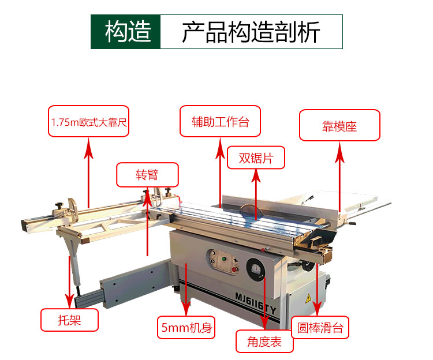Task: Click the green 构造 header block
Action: (x=126, y=32)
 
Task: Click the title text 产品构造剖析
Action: (x=251, y=32)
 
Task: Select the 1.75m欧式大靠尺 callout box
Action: (x=89, y=121)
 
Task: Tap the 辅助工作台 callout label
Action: (x=220, y=121)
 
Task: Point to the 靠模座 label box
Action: (x=339, y=125)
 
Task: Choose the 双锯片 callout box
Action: (x=256, y=157)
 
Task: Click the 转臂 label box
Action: (x=147, y=175)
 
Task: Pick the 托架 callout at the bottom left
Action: (x=69, y=320)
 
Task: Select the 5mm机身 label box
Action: (x=186, y=328)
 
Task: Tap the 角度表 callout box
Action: (x=264, y=341)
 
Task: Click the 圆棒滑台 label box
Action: (x=320, y=328)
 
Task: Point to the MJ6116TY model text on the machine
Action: (x=255, y=303)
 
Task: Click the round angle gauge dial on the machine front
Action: (x=255, y=269)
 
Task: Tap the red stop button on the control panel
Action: (x=234, y=269)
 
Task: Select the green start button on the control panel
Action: (x=224, y=259)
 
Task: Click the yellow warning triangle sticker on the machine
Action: (x=308, y=298)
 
